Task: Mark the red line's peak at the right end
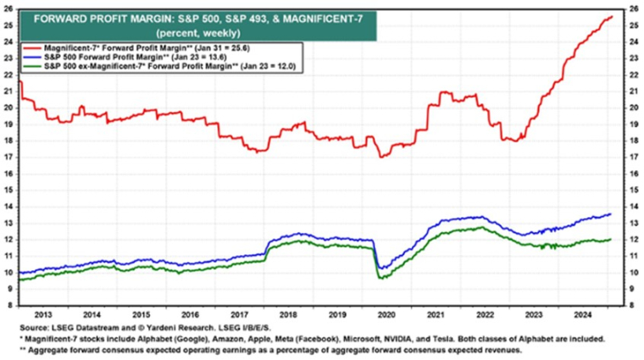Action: click(612, 16)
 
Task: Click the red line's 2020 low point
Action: click(382, 157)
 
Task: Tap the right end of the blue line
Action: click(612, 213)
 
